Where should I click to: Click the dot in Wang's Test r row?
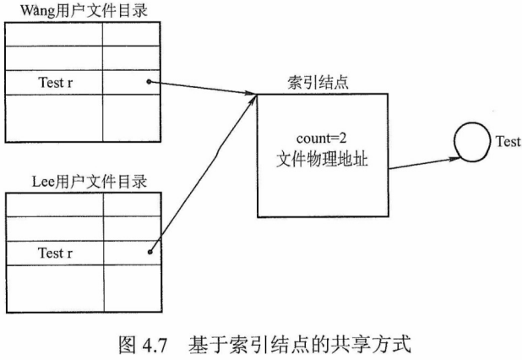click(x=149, y=82)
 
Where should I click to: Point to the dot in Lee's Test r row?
click(x=149, y=251)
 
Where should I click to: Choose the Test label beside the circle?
click(x=508, y=142)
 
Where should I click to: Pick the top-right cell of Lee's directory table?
click(x=130, y=205)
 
